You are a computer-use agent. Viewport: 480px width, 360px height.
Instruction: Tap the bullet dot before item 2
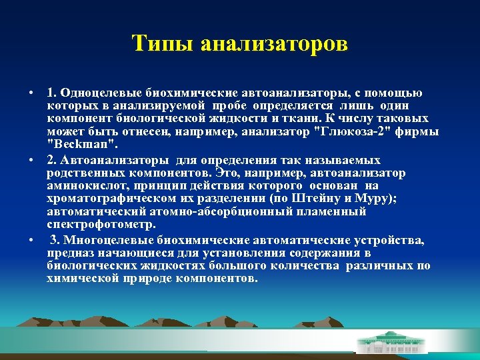pyautogui.click(x=31, y=161)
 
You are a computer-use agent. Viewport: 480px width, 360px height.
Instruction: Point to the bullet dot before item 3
pyautogui.click(x=31, y=240)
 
